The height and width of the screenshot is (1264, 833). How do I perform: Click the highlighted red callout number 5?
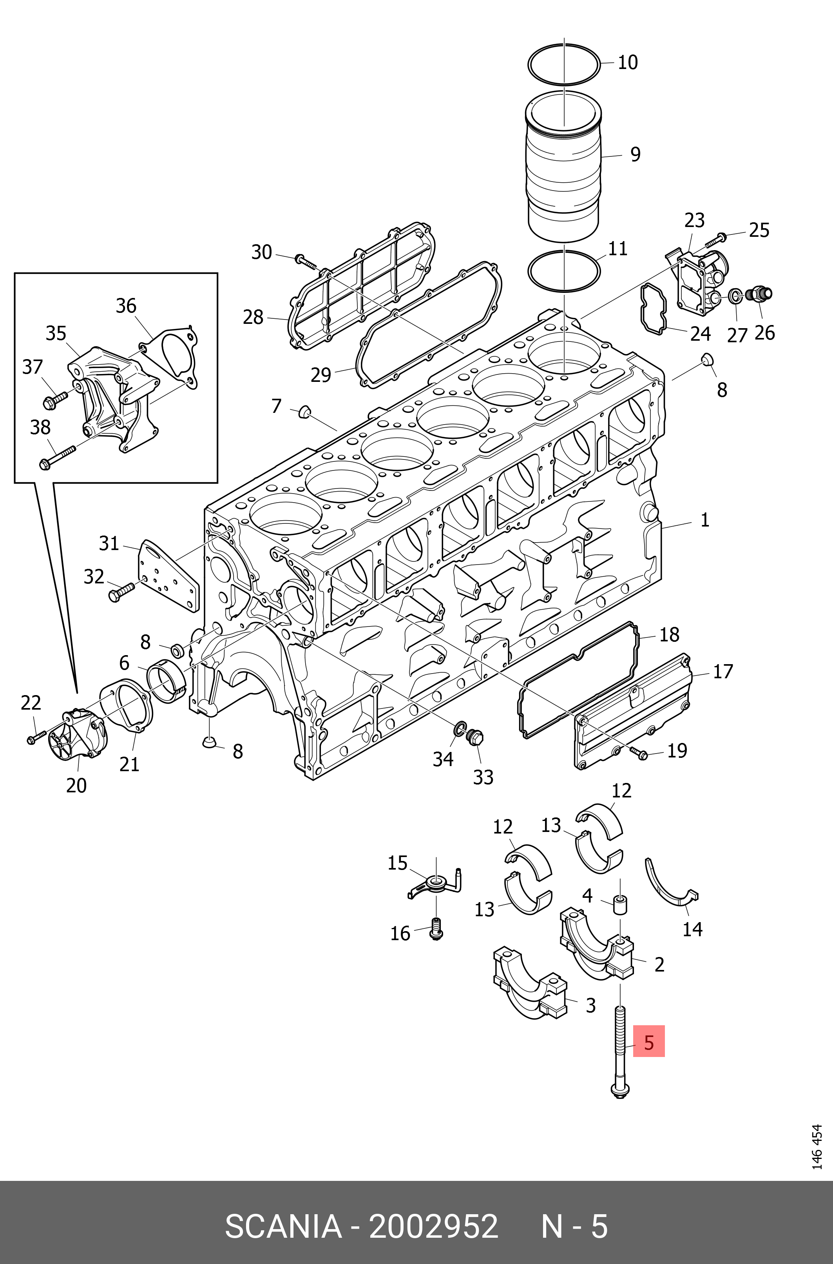pos(649,1042)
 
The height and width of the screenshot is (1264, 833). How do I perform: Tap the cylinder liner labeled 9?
pos(564,170)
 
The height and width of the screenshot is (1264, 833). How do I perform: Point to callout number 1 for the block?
pos(704,519)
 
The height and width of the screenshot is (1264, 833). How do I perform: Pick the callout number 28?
pos(253,317)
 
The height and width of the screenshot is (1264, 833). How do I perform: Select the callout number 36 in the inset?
pos(126,306)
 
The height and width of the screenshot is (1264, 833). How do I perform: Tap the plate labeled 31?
pos(169,577)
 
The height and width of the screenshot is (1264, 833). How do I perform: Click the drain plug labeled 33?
pos(474,737)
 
